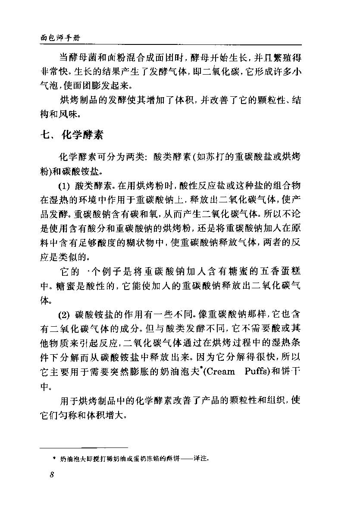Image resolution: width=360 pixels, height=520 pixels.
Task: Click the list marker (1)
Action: [x=64, y=186]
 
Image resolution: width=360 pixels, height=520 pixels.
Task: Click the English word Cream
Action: [x=218, y=372]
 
